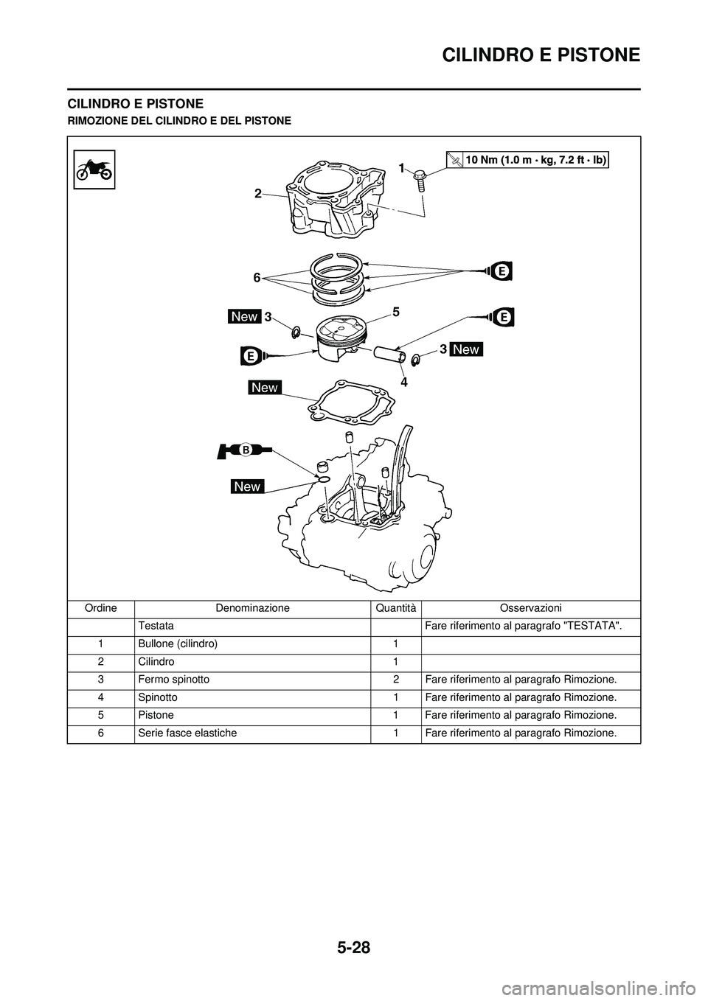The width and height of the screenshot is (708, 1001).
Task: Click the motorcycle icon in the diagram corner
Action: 94,169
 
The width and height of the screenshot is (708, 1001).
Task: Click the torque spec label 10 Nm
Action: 528,159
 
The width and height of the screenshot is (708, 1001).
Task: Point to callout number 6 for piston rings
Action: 256,277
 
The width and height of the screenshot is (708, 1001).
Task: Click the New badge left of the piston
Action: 244,316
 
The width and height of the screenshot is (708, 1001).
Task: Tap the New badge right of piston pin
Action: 466,349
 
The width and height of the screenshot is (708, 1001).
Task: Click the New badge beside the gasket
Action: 264,387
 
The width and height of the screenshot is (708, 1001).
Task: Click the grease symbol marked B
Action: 245,449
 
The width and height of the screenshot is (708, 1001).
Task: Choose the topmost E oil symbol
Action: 501,271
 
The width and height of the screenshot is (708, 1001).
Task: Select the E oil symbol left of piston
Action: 251,355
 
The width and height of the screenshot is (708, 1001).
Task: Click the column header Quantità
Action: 395,608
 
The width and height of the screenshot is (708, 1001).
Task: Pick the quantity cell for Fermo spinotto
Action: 395,680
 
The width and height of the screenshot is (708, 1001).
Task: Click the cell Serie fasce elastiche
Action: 187,733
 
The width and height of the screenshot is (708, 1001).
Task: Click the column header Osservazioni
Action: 530,608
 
